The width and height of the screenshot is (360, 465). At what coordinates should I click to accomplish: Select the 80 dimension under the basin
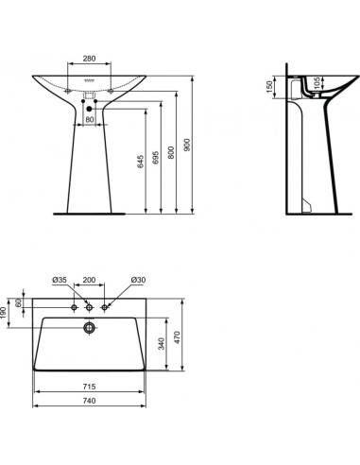90,120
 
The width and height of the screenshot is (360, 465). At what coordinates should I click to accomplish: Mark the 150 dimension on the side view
269,88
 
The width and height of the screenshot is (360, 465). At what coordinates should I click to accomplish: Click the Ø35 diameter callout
59,281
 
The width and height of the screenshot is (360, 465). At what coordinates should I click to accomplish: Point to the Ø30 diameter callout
137,281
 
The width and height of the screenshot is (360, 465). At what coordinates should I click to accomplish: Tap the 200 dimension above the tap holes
90,281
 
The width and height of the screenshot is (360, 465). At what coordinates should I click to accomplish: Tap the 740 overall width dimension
90,401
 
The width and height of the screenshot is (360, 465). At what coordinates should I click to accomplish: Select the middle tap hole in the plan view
90,307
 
